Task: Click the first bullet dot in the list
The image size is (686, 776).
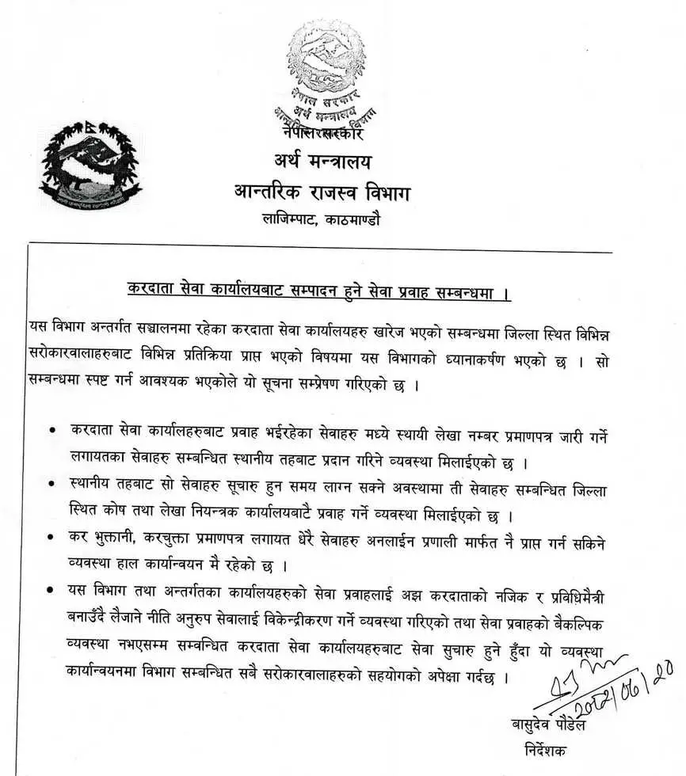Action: coord(51,429)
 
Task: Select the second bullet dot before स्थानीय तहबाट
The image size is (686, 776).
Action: coord(51,481)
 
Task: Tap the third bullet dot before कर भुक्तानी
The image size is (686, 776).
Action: coord(51,537)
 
